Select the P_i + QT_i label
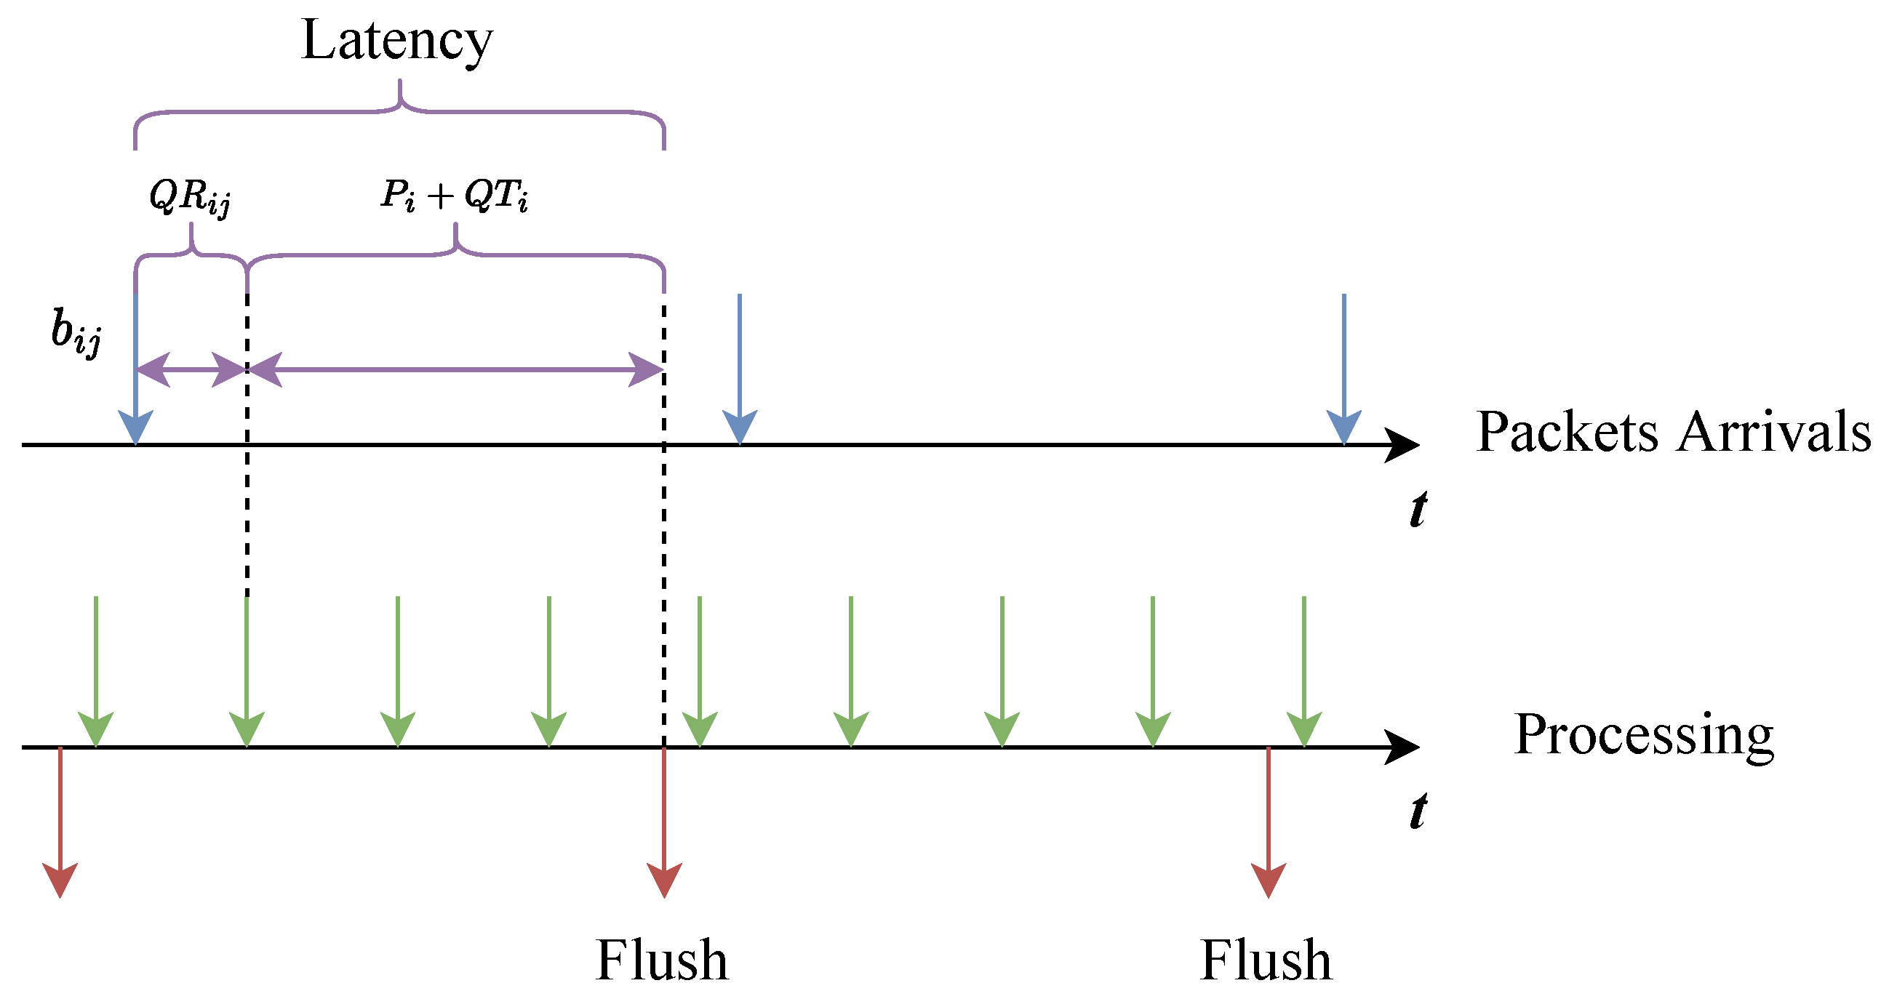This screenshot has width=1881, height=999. (454, 196)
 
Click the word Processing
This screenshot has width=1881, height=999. (1644, 735)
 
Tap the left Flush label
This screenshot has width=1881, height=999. (662, 960)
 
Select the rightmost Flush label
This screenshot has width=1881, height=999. (1266, 960)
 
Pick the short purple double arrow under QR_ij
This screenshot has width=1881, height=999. (191, 370)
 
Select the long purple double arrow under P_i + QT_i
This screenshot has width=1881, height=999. (455, 370)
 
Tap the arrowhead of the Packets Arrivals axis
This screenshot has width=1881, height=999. (1400, 444)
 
